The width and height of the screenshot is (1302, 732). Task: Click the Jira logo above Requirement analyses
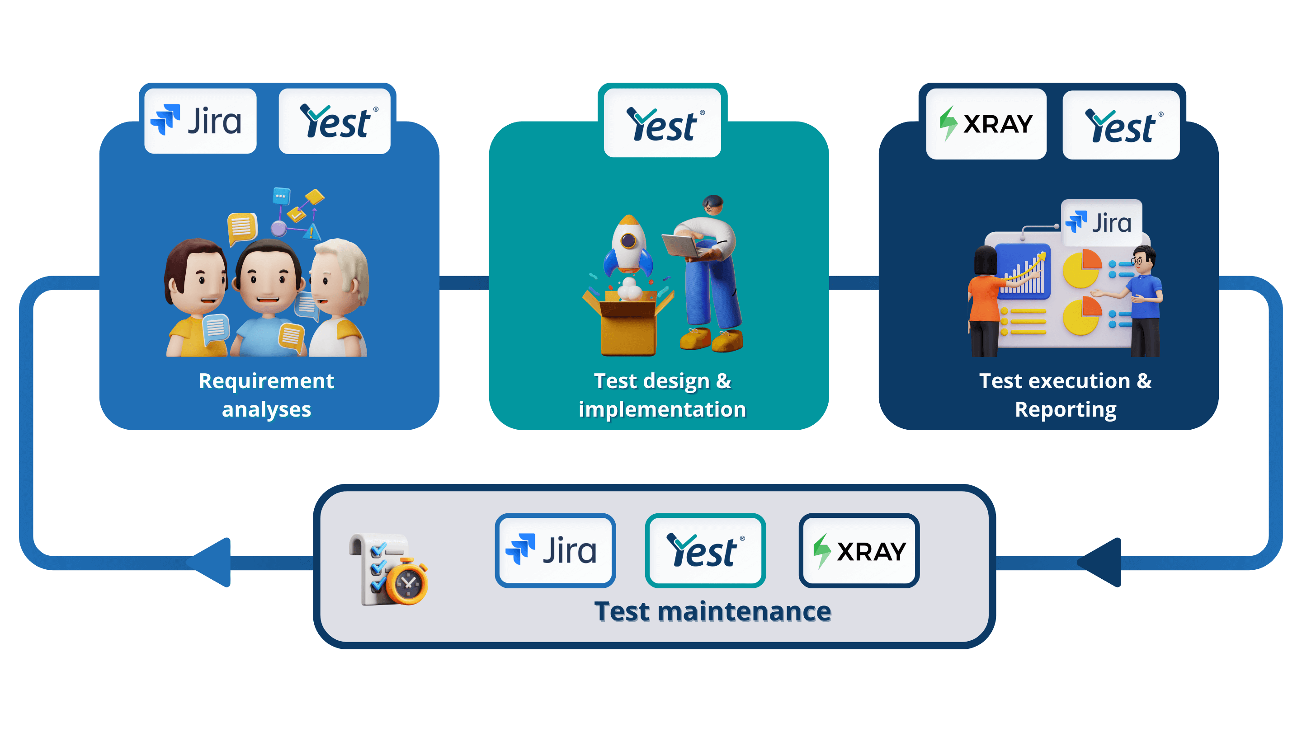point(200,121)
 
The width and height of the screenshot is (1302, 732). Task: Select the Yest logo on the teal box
point(662,123)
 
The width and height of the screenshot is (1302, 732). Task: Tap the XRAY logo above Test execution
point(986,124)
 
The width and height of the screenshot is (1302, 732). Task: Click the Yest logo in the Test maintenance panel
point(705,550)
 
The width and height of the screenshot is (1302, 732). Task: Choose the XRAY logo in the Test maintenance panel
point(859,550)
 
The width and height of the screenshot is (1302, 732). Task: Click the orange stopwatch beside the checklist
point(407,582)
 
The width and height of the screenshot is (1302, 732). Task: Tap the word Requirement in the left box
point(266,381)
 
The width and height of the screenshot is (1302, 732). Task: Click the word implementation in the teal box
point(662,409)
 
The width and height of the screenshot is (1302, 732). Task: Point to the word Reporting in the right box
point(1066,409)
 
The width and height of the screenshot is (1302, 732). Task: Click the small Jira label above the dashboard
point(1101,223)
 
